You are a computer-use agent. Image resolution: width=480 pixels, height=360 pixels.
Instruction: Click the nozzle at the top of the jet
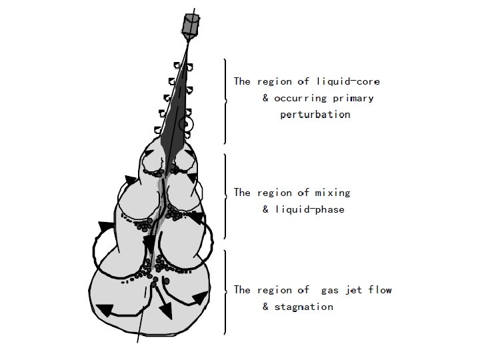pyautogui.click(x=191, y=26)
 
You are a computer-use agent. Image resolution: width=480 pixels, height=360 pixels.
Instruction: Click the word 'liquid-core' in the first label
pyautogui.click(x=348, y=82)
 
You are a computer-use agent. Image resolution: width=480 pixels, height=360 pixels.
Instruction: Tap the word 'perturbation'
pyautogui.click(x=315, y=115)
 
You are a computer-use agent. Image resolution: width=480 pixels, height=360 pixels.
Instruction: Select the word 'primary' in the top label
pyautogui.click(x=353, y=98)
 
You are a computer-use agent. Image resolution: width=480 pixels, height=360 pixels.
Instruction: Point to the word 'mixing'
pyautogui.click(x=333, y=193)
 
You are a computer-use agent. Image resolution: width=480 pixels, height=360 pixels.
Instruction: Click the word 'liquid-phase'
pyautogui.click(x=310, y=209)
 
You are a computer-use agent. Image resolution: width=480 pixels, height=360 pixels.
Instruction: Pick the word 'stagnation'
pyautogui.click(x=304, y=307)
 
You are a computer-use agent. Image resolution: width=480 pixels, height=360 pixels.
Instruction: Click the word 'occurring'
pyautogui.click(x=300, y=99)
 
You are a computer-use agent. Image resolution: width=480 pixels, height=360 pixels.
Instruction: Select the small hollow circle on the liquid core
pyautogui.click(x=187, y=125)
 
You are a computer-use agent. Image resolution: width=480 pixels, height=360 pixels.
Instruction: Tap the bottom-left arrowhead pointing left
pyautogui.click(x=105, y=309)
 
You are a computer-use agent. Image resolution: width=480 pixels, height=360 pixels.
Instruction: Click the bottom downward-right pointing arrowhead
pyautogui.click(x=166, y=311)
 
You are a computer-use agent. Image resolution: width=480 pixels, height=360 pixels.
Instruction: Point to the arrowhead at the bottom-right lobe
pyautogui.click(x=200, y=298)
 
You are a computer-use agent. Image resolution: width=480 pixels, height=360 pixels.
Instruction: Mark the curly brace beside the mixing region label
pyautogui.click(x=225, y=196)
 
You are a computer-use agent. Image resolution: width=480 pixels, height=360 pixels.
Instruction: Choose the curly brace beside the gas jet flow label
pyautogui.click(x=225, y=293)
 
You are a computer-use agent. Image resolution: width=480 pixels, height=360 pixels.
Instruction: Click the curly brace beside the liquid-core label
pyautogui.click(x=225, y=101)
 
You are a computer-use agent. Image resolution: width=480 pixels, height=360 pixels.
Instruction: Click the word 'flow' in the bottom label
pyautogui.click(x=380, y=289)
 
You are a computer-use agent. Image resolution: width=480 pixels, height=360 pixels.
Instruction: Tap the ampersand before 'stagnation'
pyautogui.click(x=265, y=307)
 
